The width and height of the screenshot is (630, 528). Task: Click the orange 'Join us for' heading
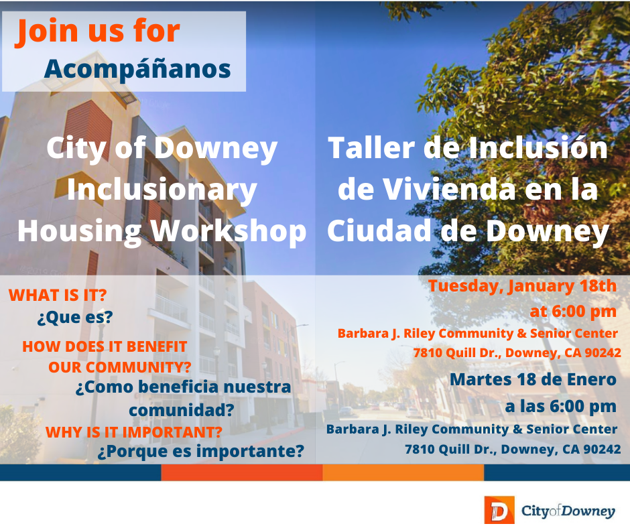pyautogui.click(x=99, y=31)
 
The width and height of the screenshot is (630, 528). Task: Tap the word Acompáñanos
pyautogui.click(x=137, y=68)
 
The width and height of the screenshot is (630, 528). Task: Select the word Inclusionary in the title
pyautogui.click(x=162, y=190)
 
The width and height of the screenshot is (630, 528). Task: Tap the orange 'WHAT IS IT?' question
pyautogui.click(x=58, y=295)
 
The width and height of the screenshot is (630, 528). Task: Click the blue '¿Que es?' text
pyautogui.click(x=75, y=318)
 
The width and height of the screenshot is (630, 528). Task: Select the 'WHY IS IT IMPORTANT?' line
pyautogui.click(x=134, y=432)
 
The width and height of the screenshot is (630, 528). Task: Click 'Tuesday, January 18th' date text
pyautogui.click(x=522, y=286)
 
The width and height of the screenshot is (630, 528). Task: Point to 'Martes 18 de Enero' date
pyautogui.click(x=533, y=379)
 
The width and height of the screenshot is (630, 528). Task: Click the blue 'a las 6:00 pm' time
pyautogui.click(x=560, y=406)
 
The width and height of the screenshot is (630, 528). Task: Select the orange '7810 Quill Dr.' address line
pyautogui.click(x=517, y=352)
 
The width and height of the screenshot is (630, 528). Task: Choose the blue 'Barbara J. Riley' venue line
pyautogui.click(x=472, y=429)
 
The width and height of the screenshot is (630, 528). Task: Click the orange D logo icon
pyautogui.click(x=498, y=511)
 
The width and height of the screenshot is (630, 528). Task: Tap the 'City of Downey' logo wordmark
pyautogui.click(x=568, y=511)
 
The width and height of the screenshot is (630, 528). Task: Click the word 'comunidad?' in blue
pyautogui.click(x=181, y=409)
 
